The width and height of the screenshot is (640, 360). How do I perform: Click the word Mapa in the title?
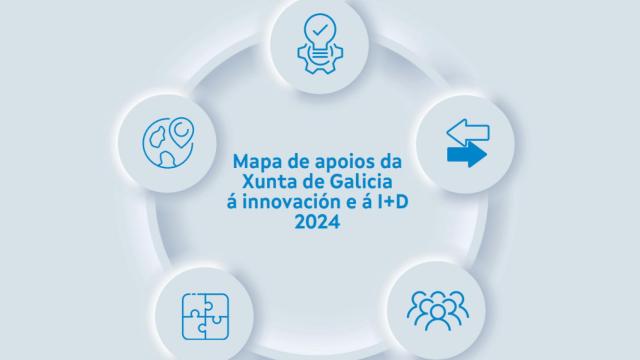point(254,159)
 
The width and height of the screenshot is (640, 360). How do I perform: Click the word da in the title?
point(391,160)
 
